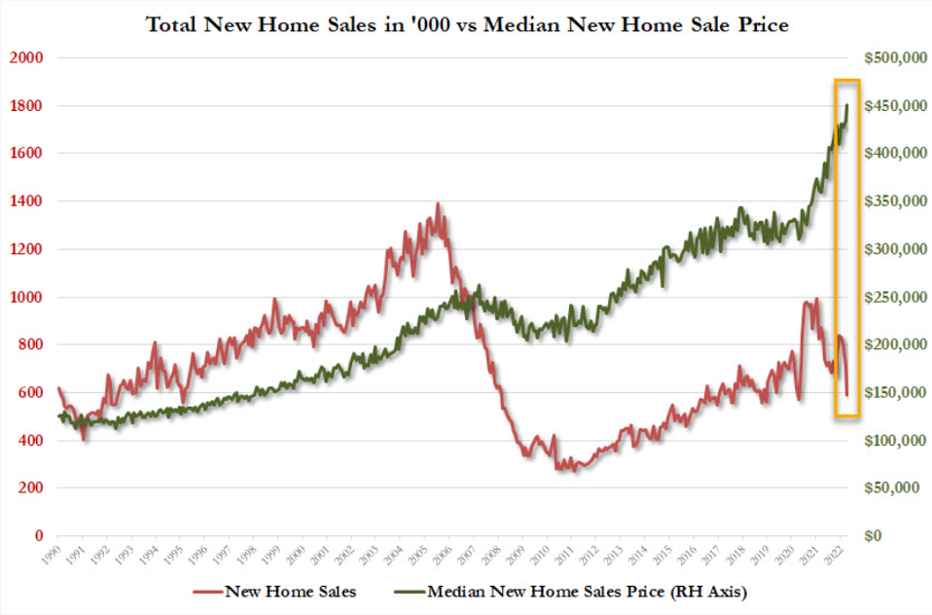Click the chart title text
tap(467, 24)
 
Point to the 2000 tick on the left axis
tap(28, 57)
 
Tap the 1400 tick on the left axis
tap(28, 201)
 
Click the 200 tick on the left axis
tap(34, 488)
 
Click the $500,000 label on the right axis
tap(891, 57)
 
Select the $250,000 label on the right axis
tap(891, 297)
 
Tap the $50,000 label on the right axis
tap(895, 488)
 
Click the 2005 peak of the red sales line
tap(437, 203)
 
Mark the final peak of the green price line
tap(847, 105)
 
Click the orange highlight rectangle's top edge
tap(847, 80)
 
